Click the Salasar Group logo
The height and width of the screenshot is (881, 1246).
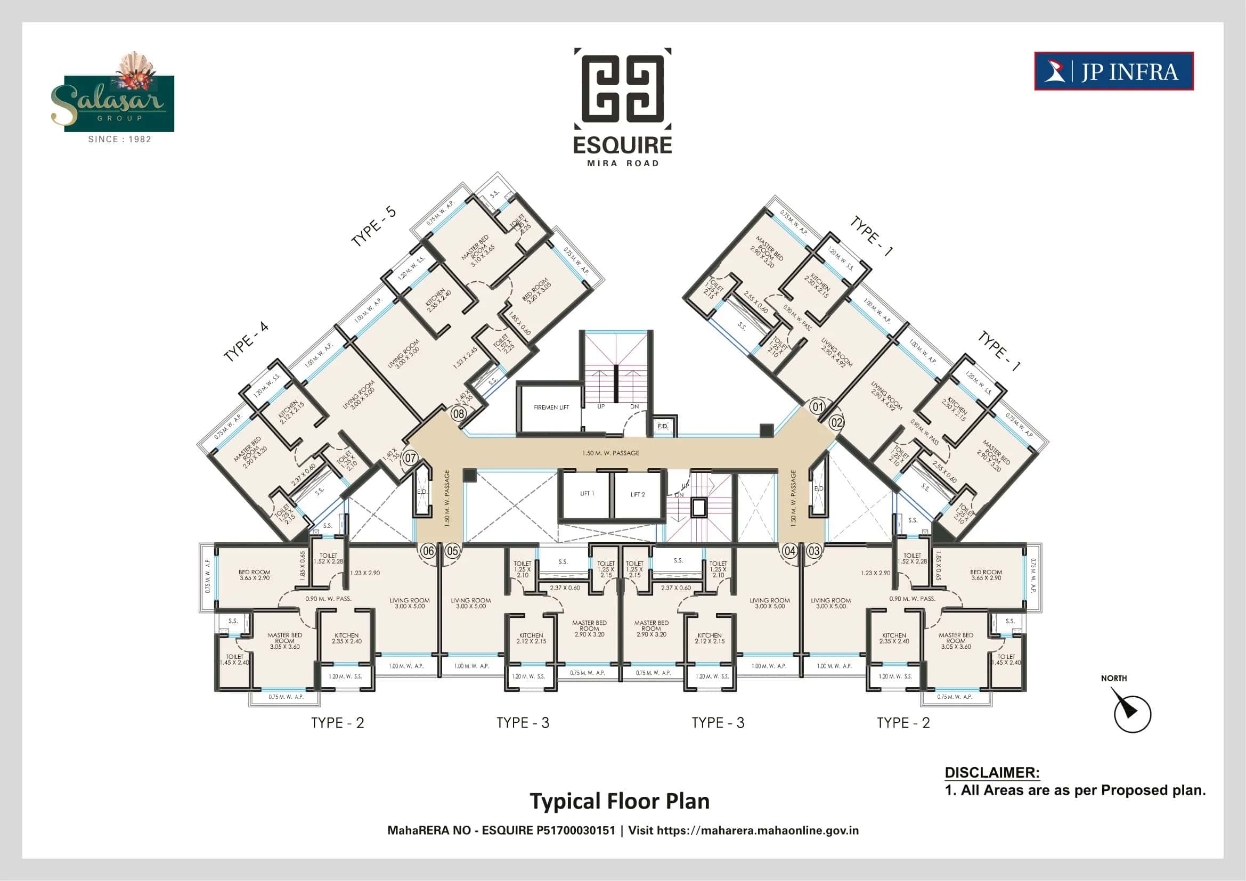click(x=119, y=97)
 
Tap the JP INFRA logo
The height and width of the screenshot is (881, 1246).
click(x=1113, y=71)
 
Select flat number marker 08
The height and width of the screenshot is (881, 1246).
click(x=459, y=414)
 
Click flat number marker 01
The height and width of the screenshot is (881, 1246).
click(x=817, y=406)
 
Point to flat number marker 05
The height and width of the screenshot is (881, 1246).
click(x=453, y=551)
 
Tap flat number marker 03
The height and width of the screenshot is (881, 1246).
click(x=814, y=551)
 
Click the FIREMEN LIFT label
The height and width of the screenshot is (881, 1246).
click(x=551, y=407)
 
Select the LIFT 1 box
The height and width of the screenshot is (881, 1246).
click(x=587, y=494)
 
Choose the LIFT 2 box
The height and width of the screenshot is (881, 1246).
click(x=638, y=494)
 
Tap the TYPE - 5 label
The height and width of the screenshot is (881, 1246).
click(x=374, y=227)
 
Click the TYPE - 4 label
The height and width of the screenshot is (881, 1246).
click(x=246, y=342)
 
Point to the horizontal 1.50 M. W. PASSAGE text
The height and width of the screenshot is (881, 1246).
click(x=610, y=453)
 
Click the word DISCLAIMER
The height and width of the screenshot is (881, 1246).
click(x=992, y=772)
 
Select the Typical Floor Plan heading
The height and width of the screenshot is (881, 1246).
click(x=619, y=801)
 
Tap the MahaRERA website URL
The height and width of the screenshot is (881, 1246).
click(x=758, y=830)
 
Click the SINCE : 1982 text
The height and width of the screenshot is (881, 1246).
click(x=119, y=140)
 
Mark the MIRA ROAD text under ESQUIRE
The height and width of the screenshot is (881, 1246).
click(x=622, y=164)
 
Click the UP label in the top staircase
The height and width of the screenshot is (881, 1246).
click(x=601, y=406)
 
